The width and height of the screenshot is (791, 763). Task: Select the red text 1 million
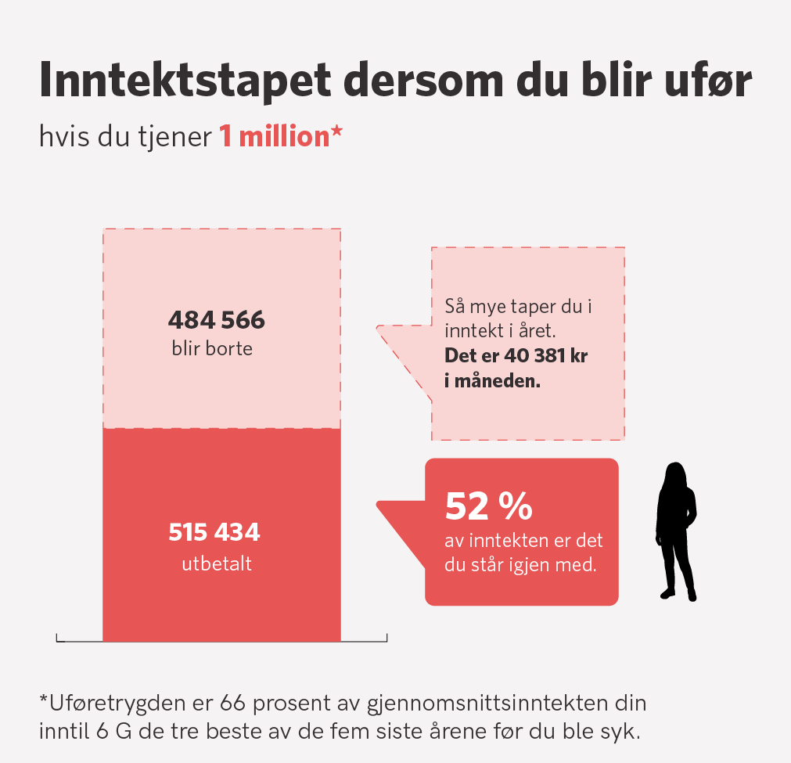274,137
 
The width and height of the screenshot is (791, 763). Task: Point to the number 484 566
217,321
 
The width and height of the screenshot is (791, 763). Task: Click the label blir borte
212,349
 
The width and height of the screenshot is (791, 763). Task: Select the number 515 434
214,534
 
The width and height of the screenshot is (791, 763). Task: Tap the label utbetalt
216,563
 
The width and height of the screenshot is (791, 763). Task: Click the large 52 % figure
488,507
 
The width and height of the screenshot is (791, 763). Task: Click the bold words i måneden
493,383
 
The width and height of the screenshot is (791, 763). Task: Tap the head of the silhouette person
675,476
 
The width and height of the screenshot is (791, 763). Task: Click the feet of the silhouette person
678,594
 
